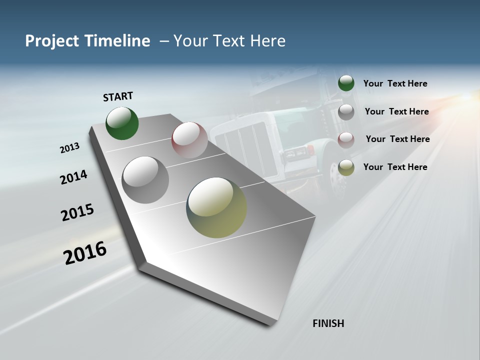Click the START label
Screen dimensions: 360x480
click(x=118, y=96)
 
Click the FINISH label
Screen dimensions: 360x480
click(x=328, y=323)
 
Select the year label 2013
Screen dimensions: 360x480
click(x=70, y=148)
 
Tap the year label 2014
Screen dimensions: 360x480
click(x=74, y=177)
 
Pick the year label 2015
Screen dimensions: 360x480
click(x=77, y=212)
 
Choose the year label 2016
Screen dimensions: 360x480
click(x=85, y=253)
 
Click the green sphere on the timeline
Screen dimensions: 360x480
click(x=122, y=123)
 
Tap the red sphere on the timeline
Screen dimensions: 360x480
click(x=189, y=140)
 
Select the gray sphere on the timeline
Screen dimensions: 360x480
click(x=145, y=179)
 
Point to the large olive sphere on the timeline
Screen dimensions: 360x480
click(x=216, y=207)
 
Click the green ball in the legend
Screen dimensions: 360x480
click(x=346, y=83)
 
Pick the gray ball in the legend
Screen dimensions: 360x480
click(x=346, y=111)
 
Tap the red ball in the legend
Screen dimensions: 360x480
click(x=346, y=139)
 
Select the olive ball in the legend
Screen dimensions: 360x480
click(x=346, y=167)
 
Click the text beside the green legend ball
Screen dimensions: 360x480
click(x=395, y=83)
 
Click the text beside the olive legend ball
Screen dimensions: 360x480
click(x=395, y=167)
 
